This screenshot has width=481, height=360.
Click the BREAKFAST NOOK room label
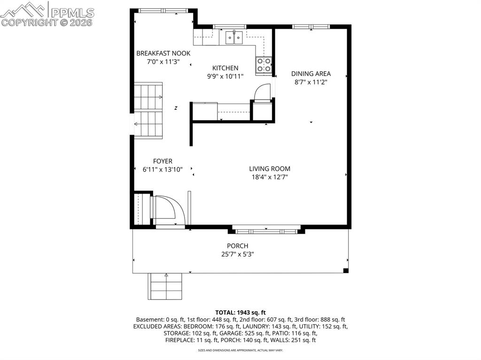pyautogui.click(x=163, y=54)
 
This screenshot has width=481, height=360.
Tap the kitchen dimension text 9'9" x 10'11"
pyautogui.click(x=225, y=77)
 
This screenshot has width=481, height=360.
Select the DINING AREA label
pyautogui.click(x=311, y=74)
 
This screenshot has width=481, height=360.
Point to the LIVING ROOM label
pyautogui.click(x=270, y=169)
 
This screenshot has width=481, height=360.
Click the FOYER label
pyautogui.click(x=163, y=161)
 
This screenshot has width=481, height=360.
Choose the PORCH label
pyautogui.click(x=237, y=246)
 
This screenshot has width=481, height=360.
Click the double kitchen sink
pyautogui.click(x=234, y=38)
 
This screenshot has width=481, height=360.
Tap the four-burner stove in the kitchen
pyautogui.click(x=264, y=65)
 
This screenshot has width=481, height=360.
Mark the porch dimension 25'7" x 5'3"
pyautogui.click(x=237, y=254)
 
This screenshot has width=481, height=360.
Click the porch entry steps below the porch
pyautogui.click(x=166, y=286)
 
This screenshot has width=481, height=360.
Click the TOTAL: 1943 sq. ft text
pyautogui.click(x=240, y=313)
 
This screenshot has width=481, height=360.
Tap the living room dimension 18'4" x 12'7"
pyautogui.click(x=270, y=177)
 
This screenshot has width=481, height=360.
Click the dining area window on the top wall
pyautogui.click(x=311, y=27)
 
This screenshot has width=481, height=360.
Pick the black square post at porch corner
pyautogui.click(x=346, y=270)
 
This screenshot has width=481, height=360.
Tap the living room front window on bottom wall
pyautogui.click(x=266, y=231)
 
